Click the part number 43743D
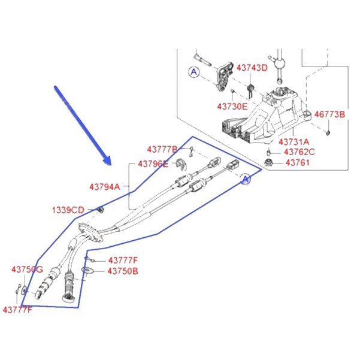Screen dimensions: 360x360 click(252, 68)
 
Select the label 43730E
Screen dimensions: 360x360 click(232, 107)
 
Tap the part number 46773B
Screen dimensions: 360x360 click(329, 114)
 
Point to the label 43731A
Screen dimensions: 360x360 click(294, 142)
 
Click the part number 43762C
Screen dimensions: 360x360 click(300, 152)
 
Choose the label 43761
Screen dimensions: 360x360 click(298, 162)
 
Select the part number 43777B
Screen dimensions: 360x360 click(162, 150)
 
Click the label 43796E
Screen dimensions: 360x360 click(153, 164)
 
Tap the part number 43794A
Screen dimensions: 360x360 click(105, 187)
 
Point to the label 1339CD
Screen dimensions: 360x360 click(68, 210)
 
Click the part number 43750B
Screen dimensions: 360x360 click(123, 271)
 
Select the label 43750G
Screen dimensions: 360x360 click(27, 270)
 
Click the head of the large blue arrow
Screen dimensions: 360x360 click(107, 161)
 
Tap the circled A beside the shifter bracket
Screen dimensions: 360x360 click(194, 72)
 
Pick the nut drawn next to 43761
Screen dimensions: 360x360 click(268, 162)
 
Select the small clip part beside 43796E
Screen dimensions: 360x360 click(181, 164)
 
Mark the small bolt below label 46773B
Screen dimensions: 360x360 click(328, 132)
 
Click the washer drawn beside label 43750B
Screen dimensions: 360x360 click(87, 271)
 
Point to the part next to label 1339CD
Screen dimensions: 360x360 click(100, 210)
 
